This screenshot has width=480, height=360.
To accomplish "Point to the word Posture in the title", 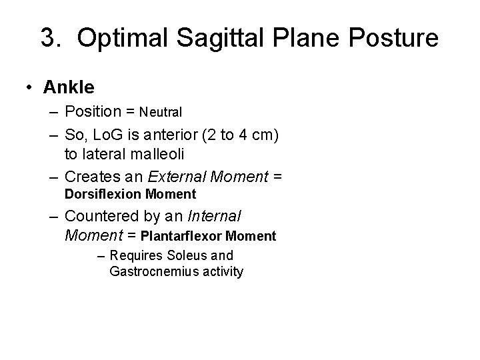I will [x=395, y=38].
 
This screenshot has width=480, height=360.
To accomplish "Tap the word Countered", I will [x=101, y=217].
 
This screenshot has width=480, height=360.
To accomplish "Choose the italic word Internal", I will [x=216, y=217].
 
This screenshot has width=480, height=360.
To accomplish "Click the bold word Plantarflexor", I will [x=183, y=235].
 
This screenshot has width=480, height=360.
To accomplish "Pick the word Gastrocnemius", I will [x=149, y=271].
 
